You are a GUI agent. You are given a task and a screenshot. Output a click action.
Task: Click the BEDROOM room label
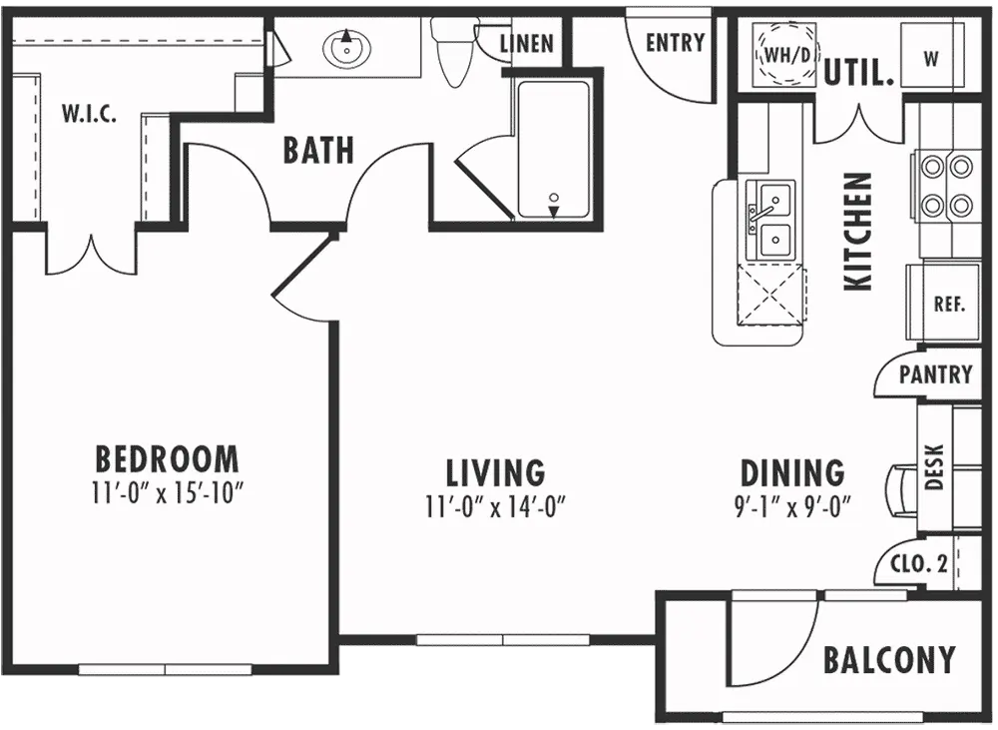[x=167, y=458]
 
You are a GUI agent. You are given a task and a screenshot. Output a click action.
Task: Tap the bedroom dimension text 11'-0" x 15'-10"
[x=168, y=492]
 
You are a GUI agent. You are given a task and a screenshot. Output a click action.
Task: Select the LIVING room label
[x=495, y=472]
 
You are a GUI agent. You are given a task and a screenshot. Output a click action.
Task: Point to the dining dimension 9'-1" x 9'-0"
[x=792, y=506]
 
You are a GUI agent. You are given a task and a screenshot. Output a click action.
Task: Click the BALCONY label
[x=889, y=660]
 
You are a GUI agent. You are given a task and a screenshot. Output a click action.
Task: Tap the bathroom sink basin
[x=346, y=47]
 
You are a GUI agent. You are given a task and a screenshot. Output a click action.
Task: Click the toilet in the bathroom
[x=453, y=51]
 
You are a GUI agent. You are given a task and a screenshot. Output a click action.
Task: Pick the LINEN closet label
[x=526, y=43]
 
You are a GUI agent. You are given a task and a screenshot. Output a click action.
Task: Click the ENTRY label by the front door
[x=676, y=43]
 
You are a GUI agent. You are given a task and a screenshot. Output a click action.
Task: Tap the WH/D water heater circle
[x=786, y=55]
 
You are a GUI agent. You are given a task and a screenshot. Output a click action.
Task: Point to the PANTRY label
[x=936, y=373]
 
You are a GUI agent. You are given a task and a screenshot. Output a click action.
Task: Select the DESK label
[x=934, y=467]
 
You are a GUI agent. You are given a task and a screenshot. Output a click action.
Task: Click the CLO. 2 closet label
[x=919, y=563]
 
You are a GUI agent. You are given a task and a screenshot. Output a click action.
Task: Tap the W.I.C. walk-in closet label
[x=89, y=115]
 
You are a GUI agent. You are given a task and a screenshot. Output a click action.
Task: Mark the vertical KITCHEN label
[x=857, y=232]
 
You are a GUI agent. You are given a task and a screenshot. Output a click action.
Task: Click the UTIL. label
[x=859, y=73]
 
